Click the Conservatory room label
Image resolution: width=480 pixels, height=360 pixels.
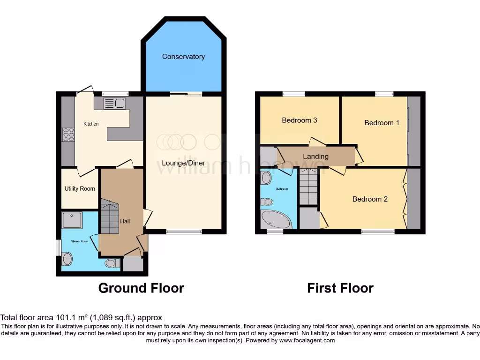coord(183,57)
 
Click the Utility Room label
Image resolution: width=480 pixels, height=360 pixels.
coord(80,189)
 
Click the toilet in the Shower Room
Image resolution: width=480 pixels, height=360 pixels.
coord(67,258)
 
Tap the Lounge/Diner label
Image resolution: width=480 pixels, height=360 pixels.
coord(177,163)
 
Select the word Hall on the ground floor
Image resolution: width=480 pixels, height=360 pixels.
coord(125,221)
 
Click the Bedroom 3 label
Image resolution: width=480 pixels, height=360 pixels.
coord(299,120)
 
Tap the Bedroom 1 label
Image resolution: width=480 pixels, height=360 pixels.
coord(382,123)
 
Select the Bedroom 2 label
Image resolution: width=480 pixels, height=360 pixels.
coord(370,199)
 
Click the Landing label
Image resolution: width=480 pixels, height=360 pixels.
coord(315,157)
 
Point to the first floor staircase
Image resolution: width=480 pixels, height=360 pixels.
coord(308,187)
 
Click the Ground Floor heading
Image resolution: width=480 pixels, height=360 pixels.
coord(141,288)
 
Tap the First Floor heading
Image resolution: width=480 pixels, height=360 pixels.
coord(340,288)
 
